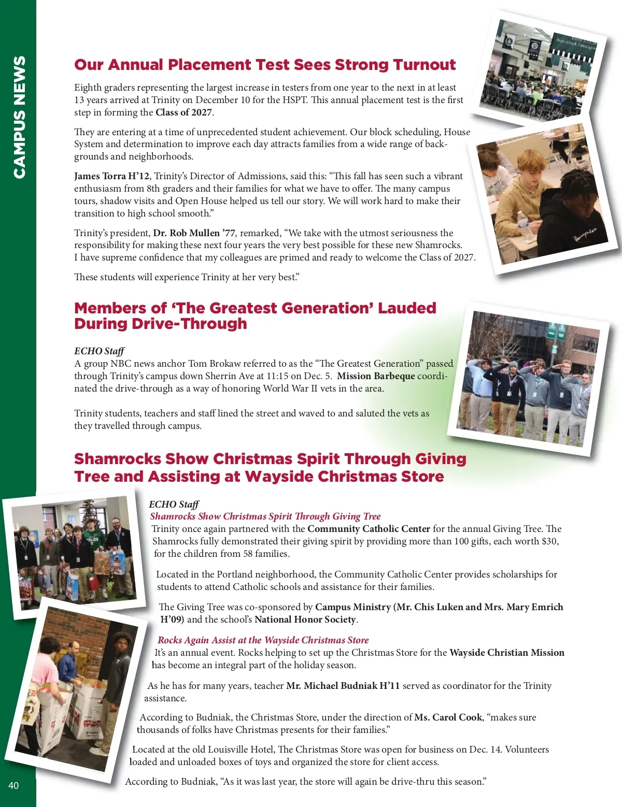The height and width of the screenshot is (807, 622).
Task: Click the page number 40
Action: point(13,785)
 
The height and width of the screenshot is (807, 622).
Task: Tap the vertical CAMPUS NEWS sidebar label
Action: point(19,118)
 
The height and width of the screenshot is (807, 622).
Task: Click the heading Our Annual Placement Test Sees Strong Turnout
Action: point(265,65)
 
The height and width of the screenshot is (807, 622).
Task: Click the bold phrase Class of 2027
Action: point(183,112)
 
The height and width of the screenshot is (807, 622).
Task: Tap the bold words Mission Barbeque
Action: point(376,376)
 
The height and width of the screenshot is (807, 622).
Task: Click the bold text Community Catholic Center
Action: point(369,529)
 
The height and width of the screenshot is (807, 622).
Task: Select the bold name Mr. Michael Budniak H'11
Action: point(343,686)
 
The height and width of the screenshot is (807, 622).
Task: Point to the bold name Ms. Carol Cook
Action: point(448,717)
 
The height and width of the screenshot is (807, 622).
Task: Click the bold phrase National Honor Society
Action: point(305,619)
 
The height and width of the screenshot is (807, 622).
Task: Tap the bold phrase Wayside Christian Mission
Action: point(506,653)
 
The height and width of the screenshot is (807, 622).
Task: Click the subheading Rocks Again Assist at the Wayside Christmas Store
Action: point(263,640)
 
